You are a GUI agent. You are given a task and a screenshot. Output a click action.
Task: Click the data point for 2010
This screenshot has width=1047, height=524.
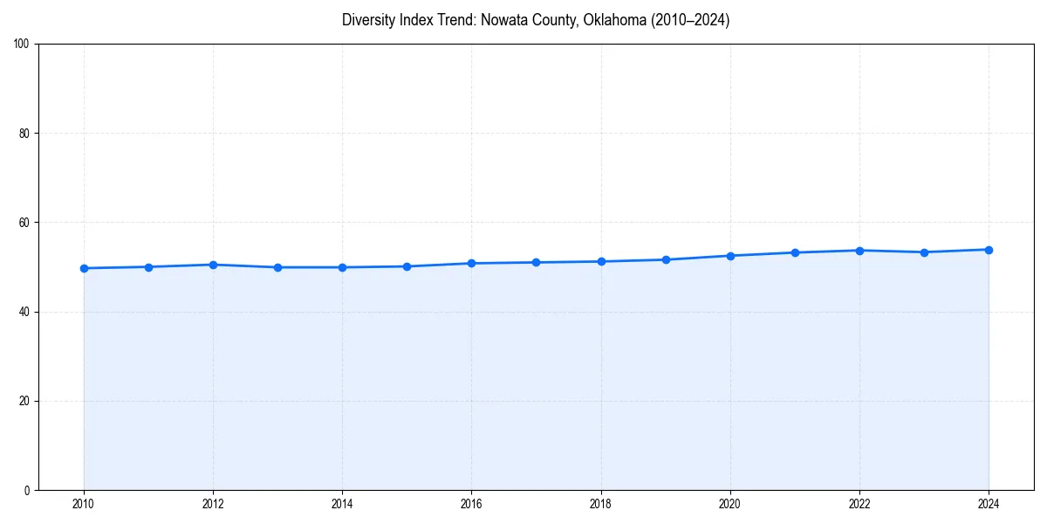(84, 268)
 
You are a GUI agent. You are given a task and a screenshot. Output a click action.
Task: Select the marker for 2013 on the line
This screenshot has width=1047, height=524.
(277, 267)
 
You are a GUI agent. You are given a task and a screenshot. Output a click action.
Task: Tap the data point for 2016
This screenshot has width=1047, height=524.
(471, 263)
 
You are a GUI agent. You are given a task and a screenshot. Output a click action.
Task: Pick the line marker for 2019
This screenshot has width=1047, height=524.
(666, 259)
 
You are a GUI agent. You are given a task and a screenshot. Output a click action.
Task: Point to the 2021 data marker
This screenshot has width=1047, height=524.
(795, 252)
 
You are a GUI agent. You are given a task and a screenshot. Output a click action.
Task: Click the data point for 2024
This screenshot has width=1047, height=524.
(989, 250)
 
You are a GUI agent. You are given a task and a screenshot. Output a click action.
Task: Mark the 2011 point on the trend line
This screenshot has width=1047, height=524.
(148, 266)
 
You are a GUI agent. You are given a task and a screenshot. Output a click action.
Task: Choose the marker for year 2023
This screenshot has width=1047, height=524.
(924, 252)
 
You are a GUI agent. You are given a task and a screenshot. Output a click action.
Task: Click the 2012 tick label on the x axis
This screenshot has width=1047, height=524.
(213, 504)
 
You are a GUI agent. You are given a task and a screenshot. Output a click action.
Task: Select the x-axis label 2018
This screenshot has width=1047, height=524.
(600, 504)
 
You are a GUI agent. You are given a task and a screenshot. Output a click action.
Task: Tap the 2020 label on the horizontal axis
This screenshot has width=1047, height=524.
(730, 504)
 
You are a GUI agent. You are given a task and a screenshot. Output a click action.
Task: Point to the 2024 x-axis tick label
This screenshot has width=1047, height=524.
(989, 504)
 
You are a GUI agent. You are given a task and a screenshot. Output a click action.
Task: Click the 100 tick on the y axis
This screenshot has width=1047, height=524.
(22, 45)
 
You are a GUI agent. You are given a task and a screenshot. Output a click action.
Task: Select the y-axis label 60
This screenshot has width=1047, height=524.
(24, 223)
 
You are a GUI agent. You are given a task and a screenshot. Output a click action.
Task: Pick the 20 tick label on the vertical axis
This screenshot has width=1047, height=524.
(24, 401)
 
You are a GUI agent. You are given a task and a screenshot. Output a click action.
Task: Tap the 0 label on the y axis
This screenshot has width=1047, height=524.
(27, 490)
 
